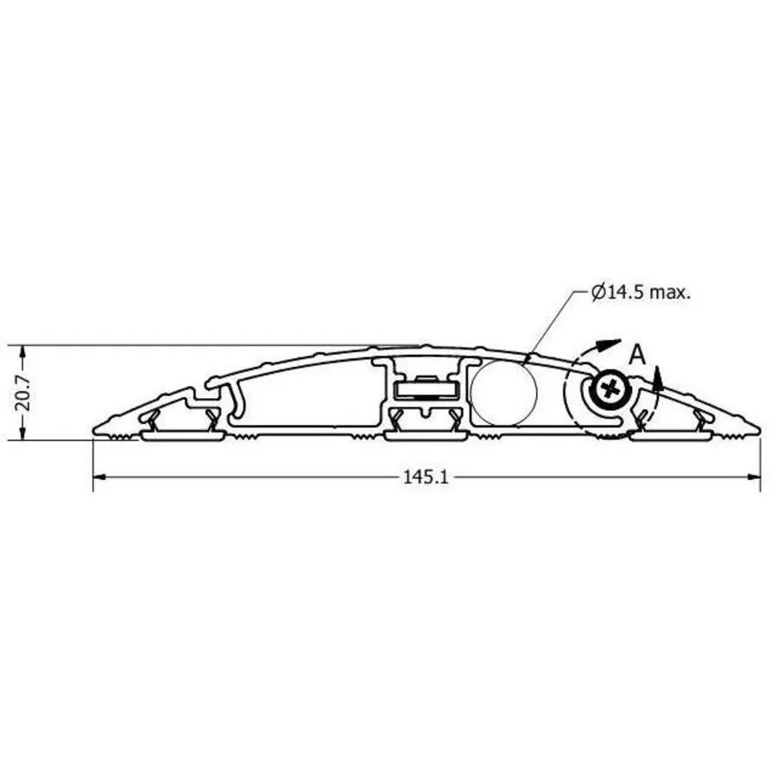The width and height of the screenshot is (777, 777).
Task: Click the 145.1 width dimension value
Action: tap(426, 477)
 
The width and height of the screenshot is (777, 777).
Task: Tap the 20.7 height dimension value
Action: tap(22, 394)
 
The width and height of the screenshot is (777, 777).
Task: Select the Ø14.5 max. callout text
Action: tap(641, 293)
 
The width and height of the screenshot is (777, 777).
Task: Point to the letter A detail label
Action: tap(638, 355)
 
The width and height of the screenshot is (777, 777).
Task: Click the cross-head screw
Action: tap(610, 389)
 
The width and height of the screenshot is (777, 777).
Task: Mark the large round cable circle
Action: tap(503, 393)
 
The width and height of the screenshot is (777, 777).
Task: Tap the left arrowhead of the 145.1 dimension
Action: tap(99, 477)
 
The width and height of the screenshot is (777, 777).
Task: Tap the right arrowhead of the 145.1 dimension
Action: tap(754, 477)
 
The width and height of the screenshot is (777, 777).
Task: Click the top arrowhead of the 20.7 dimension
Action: tap(22, 352)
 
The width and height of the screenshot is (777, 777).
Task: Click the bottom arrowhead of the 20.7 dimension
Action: tap(22, 433)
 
